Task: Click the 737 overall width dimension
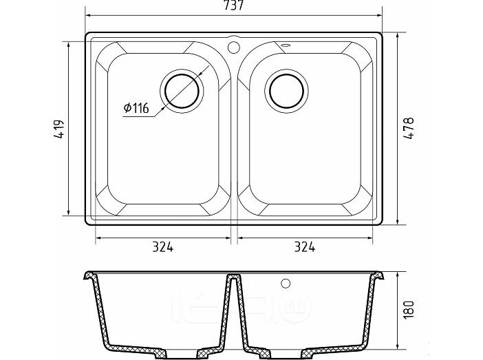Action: [x=236, y=6]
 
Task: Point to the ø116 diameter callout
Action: [x=137, y=108]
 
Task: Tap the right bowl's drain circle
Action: [x=286, y=89]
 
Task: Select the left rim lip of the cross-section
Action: [x=88, y=277]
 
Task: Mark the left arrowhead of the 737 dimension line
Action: [x=87, y=13]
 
